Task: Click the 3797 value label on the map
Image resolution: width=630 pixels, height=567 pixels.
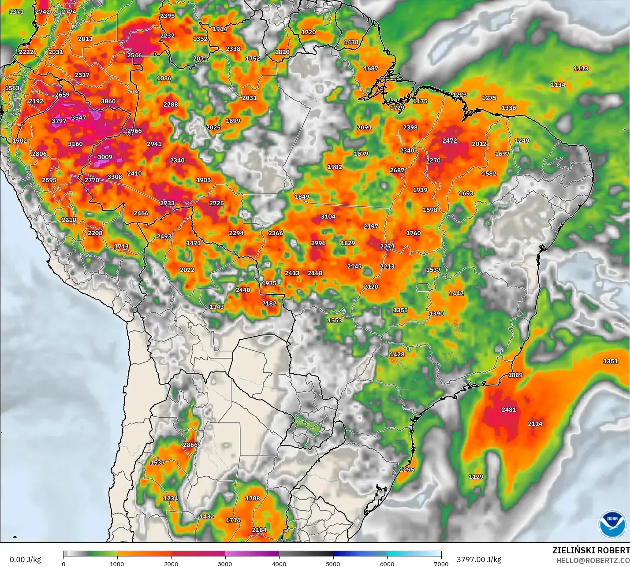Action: pyautogui.click(x=59, y=121)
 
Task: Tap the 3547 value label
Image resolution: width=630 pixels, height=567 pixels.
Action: pyautogui.click(x=78, y=118)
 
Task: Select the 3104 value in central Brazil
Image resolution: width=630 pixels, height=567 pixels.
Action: pyautogui.click(x=328, y=216)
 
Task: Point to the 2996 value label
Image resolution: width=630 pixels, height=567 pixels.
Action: pyautogui.click(x=318, y=243)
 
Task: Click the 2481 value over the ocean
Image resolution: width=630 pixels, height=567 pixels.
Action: pyautogui.click(x=509, y=410)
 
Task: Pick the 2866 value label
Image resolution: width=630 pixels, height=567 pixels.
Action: pyautogui.click(x=190, y=445)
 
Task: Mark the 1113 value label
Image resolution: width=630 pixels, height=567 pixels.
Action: pyautogui.click(x=581, y=68)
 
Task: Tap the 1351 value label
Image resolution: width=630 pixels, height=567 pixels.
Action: pyautogui.click(x=611, y=361)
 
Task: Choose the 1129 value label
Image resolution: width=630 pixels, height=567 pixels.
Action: pyautogui.click(x=476, y=477)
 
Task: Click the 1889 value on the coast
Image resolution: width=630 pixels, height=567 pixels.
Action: pyautogui.click(x=515, y=375)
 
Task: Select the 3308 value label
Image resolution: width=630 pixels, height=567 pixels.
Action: pyautogui.click(x=115, y=177)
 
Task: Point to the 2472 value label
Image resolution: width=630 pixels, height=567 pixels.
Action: pyautogui.click(x=450, y=141)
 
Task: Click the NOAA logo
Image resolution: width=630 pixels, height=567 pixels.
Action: pyautogui.click(x=612, y=524)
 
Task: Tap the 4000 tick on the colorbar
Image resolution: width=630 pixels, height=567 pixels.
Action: pyautogui.click(x=279, y=563)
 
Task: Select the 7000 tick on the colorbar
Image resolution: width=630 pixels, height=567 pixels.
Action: pyautogui.click(x=441, y=563)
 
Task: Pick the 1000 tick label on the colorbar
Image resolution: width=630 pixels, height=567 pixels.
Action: pyautogui.click(x=117, y=563)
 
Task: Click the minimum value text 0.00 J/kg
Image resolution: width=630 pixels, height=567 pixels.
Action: pyautogui.click(x=25, y=560)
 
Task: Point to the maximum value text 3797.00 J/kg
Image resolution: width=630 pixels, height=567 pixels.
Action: pyautogui.click(x=479, y=560)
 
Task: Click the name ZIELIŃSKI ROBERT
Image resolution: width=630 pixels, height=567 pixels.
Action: pyautogui.click(x=591, y=550)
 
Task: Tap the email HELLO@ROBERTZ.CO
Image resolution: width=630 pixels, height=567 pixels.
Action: pyautogui.click(x=593, y=560)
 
